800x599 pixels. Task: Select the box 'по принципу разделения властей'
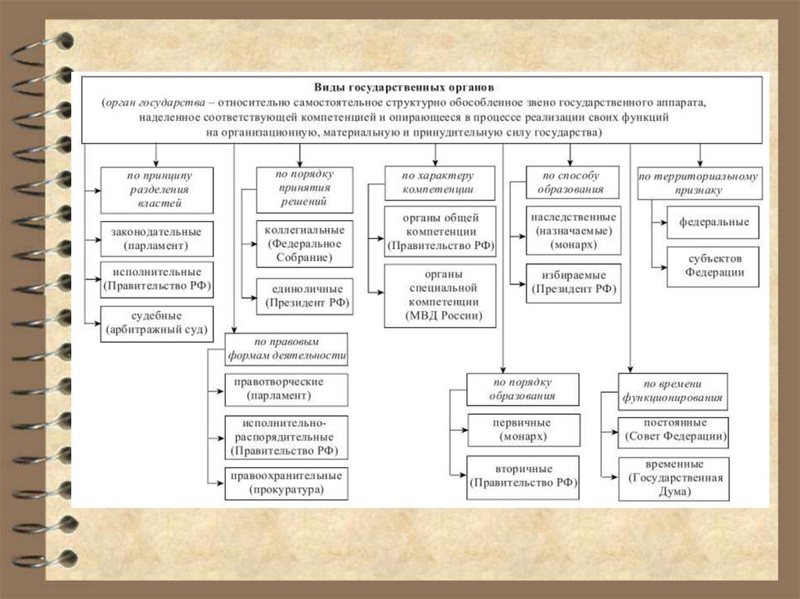click(156, 189)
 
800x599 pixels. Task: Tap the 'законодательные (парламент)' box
click(156, 239)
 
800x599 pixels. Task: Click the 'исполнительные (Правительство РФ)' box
click(156, 280)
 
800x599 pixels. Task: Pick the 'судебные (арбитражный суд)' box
click(156, 323)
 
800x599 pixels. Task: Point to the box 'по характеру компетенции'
click(439, 183)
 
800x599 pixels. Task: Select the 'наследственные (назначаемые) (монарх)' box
click(573, 230)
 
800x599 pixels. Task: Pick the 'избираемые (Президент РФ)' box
click(573, 283)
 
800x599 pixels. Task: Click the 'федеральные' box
click(713, 222)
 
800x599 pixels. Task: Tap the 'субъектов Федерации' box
click(713, 266)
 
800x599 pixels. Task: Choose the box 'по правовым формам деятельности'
click(287, 348)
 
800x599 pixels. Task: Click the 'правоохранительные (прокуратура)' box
click(287, 483)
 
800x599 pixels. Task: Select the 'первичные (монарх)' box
click(523, 430)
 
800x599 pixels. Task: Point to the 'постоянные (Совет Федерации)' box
click(673, 432)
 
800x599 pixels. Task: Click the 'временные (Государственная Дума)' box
click(673, 478)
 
